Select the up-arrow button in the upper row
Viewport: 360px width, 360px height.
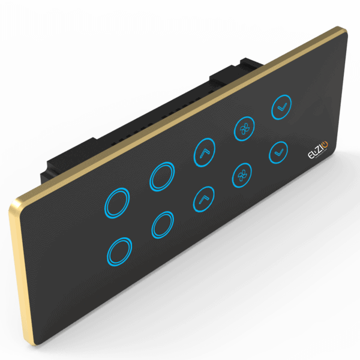pyautogui.click(x=204, y=153)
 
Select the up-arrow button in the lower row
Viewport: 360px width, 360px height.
pyautogui.click(x=203, y=198)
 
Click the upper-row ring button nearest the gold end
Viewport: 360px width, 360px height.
pyautogui.click(x=118, y=202)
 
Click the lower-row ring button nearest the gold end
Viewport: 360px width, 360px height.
pyautogui.click(x=119, y=251)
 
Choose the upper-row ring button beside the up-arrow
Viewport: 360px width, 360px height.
pyautogui.click(x=163, y=176)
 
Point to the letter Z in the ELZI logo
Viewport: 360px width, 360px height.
pyautogui.click(x=314, y=151)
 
